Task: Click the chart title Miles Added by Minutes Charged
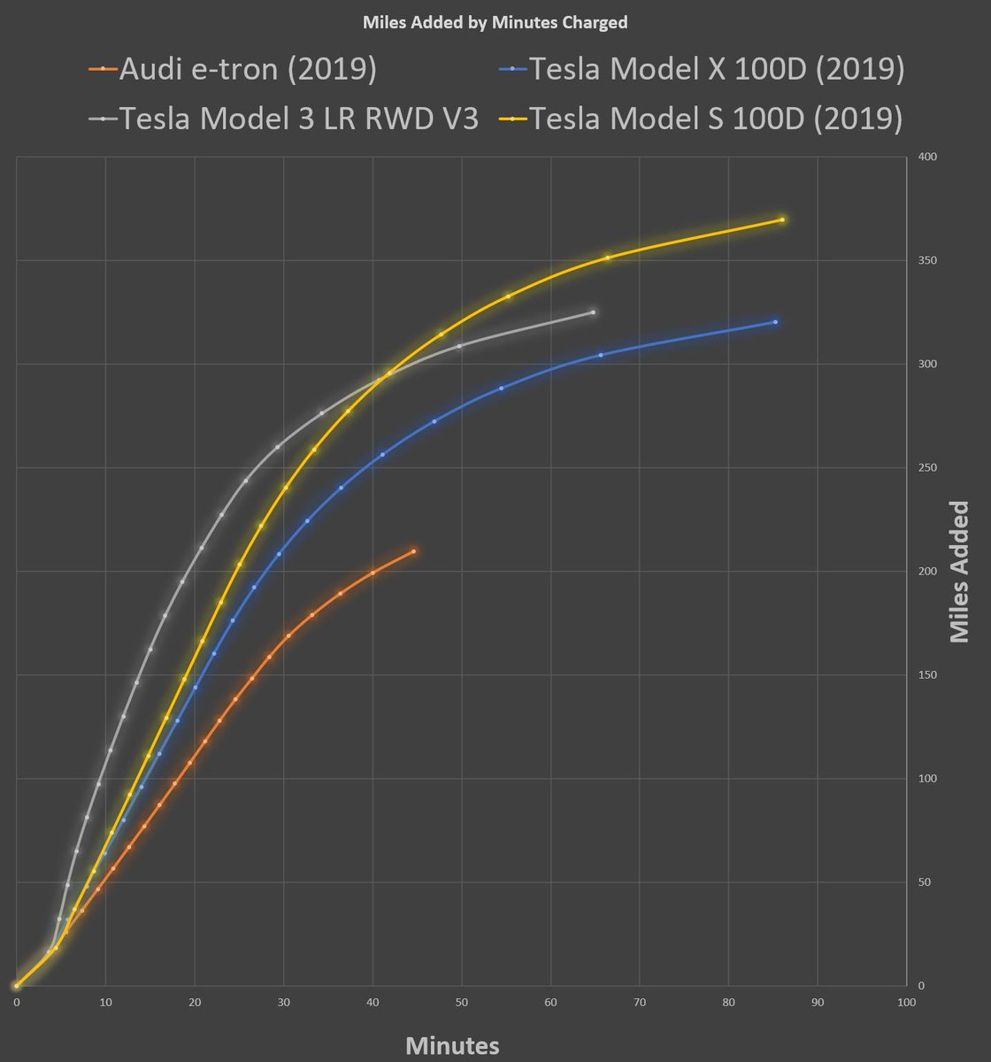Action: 495,23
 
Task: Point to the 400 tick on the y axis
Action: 928,157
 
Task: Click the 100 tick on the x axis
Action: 906,1002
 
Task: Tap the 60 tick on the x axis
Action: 550,1002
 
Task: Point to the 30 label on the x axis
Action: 284,1002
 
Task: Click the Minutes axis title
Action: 452,1045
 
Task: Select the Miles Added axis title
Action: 959,571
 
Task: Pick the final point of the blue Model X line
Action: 775,322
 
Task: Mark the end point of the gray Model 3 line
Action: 593,312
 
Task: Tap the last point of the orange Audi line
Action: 413,551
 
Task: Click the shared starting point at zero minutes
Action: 17,985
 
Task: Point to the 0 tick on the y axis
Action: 922,986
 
